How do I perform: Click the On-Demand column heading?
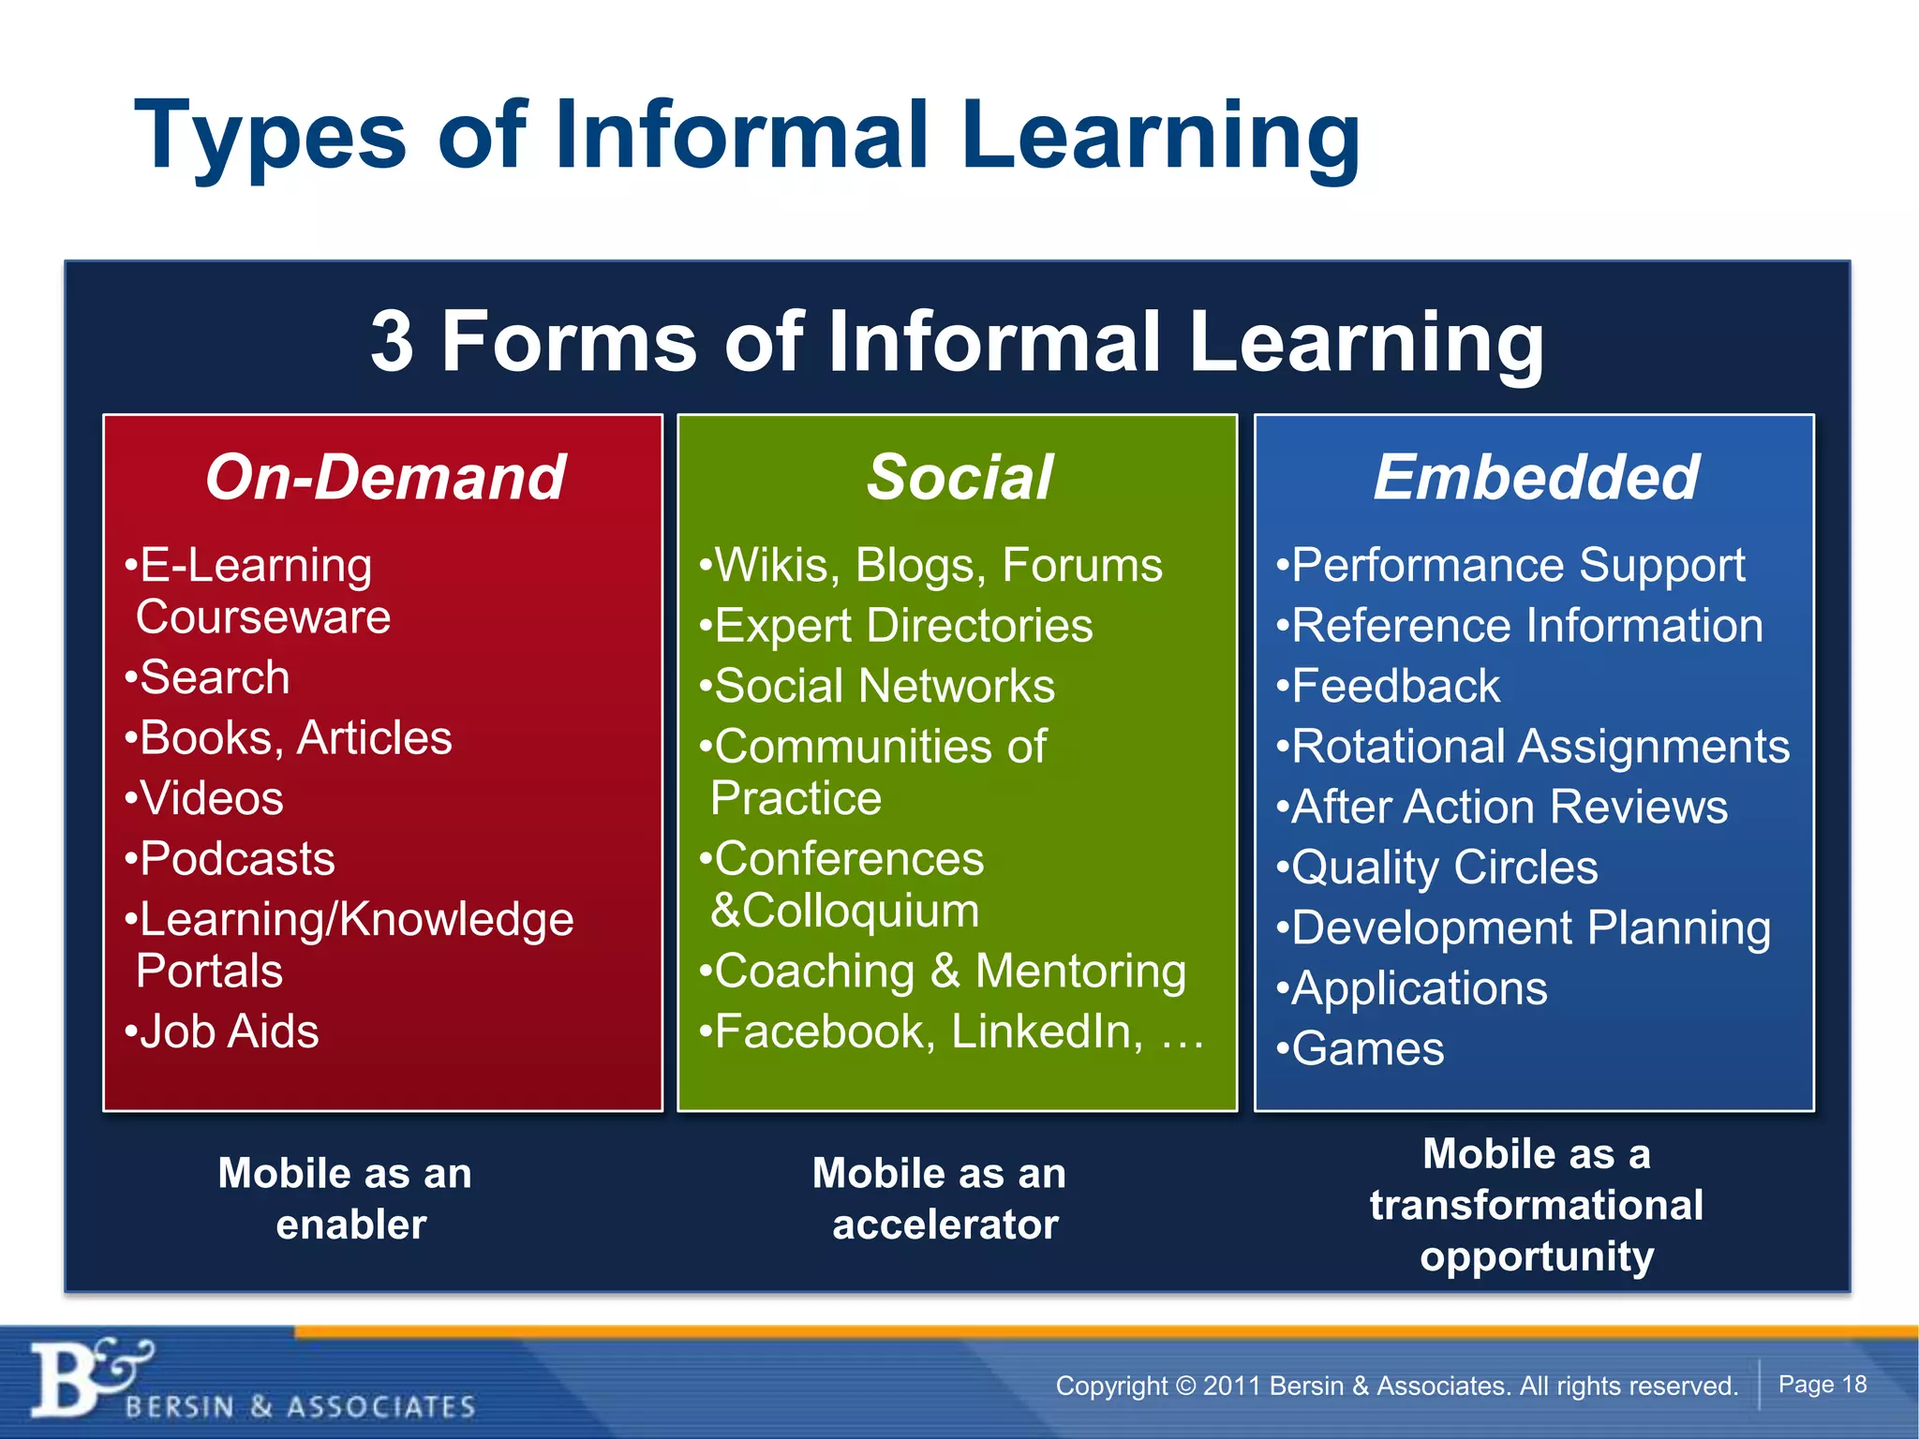pos(384,478)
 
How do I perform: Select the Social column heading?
pos(959,478)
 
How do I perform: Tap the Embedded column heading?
pos(1535,478)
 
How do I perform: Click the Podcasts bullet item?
pos(236,859)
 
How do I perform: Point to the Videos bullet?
pos(211,799)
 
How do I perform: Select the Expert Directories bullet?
pos(902,626)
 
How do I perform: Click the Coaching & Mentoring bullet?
pos(949,972)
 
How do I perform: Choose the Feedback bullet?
pos(1394,686)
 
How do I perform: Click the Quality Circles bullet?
pos(1444,868)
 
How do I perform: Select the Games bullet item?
pos(1367,1049)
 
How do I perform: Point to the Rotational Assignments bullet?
pos(1540,747)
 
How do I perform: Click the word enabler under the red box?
pos(351,1225)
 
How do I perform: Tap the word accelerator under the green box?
pos(945,1225)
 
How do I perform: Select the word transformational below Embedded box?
pos(1536,1206)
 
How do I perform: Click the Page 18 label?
pos(1822,1385)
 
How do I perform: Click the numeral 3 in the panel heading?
pos(392,342)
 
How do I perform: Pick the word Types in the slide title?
pos(271,137)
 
